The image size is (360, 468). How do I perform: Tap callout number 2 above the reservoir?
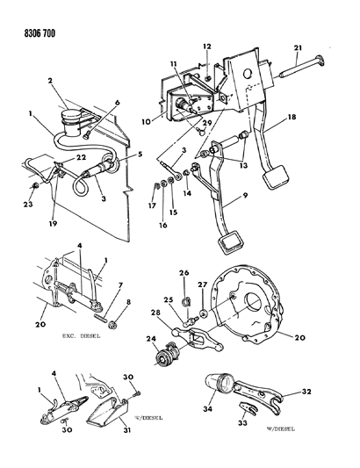tap(50, 80)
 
